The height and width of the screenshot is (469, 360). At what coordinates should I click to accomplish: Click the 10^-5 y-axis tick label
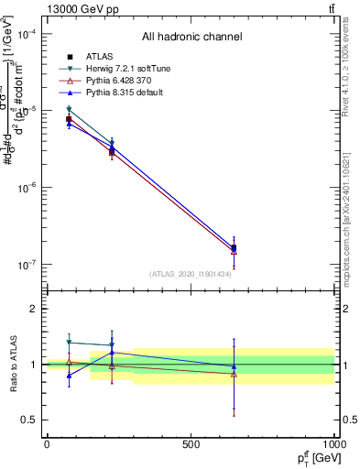click(26, 111)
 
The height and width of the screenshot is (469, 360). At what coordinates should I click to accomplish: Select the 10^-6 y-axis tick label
click(26, 188)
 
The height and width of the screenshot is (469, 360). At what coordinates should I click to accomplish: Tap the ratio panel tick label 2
click(30, 310)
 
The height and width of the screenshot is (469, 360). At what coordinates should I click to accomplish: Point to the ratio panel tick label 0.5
click(27, 420)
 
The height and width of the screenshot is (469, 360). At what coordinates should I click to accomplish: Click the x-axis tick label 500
click(191, 444)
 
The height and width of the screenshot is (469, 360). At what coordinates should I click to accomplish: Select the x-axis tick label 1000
click(332, 444)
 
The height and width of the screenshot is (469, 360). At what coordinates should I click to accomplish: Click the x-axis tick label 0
click(47, 444)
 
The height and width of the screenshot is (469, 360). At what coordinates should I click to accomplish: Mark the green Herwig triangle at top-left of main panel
click(69, 109)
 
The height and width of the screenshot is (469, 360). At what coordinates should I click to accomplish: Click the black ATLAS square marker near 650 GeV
click(234, 248)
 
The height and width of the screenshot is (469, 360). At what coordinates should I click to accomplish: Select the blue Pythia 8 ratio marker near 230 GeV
click(112, 353)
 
